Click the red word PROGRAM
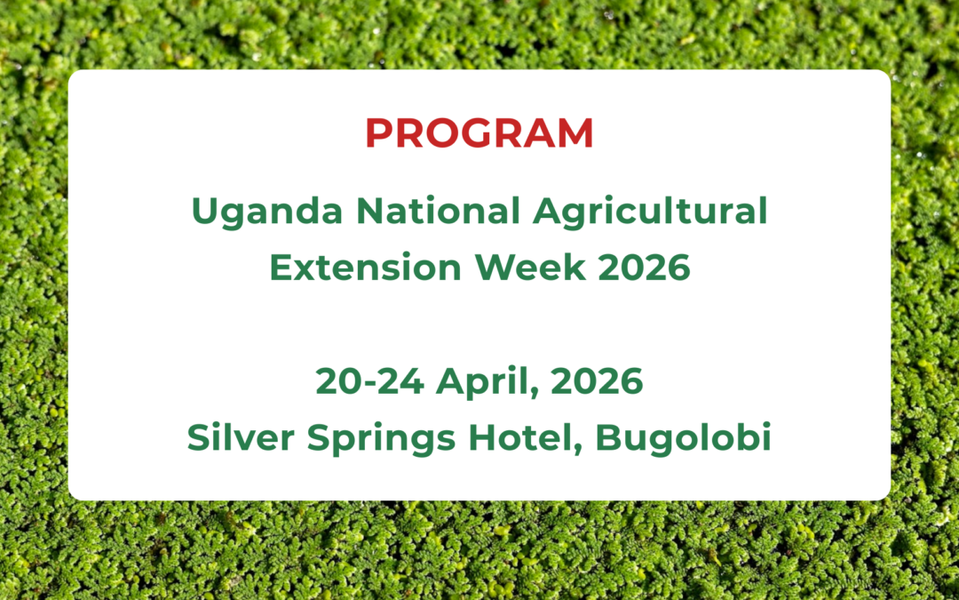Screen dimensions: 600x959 [479, 133]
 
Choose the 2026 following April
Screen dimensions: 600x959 [597, 381]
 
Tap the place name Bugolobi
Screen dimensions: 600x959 [683, 439]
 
